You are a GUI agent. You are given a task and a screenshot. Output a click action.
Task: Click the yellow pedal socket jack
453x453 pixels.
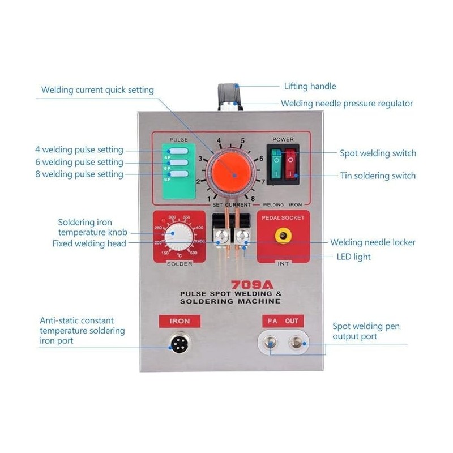(280, 235)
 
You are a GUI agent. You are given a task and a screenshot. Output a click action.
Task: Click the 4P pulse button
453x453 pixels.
(176, 151)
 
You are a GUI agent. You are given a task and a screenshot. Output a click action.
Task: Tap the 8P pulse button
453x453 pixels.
(176, 174)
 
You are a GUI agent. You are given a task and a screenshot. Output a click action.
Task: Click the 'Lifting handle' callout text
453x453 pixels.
(310, 87)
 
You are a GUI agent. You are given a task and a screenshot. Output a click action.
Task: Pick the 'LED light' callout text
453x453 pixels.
(354, 257)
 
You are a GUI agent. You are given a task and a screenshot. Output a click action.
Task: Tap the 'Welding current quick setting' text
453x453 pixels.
(97, 90)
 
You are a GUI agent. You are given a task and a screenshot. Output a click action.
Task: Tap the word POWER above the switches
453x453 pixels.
(283, 139)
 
